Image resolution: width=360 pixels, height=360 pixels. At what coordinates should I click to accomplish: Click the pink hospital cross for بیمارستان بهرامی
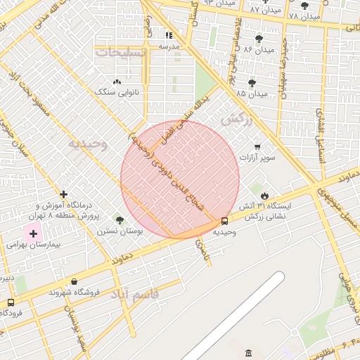[33, 233]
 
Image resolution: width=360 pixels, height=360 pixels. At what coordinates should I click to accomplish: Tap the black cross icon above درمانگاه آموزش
[64, 194]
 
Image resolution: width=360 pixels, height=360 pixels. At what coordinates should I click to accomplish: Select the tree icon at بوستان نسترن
[119, 219]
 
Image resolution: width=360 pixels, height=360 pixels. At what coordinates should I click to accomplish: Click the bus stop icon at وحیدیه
[224, 221]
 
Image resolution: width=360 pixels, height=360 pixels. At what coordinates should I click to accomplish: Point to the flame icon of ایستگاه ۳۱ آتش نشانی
[264, 195]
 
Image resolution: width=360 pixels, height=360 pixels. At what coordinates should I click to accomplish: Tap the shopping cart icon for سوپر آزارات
[257, 147]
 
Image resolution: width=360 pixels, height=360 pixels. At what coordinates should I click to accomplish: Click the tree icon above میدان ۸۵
[252, 83]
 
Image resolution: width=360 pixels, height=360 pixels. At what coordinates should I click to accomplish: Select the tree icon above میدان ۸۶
[259, 39]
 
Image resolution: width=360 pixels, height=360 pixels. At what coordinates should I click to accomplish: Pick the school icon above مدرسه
[169, 35]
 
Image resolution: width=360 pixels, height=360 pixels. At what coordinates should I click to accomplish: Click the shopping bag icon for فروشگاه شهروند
[74, 282]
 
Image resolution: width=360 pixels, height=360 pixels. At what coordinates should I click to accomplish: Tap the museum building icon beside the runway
[247, 352]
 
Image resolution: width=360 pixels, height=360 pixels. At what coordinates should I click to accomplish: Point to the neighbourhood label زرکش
[236, 120]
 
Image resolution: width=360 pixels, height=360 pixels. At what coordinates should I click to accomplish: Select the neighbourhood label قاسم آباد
[135, 294]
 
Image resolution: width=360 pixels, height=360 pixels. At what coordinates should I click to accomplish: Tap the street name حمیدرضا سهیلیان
[285, 67]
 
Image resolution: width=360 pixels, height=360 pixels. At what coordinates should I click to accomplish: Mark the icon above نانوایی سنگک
[117, 82]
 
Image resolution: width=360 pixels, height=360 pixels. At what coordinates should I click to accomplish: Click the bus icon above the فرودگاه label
[10, 303]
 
